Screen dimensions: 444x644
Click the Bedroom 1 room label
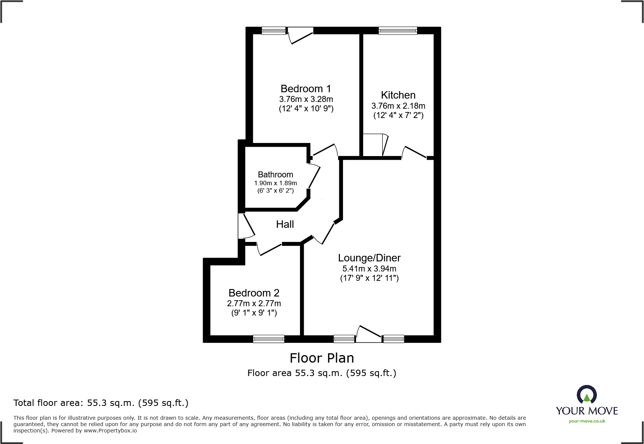pyautogui.click(x=306, y=89)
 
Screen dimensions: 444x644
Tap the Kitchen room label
pyautogui.click(x=398, y=95)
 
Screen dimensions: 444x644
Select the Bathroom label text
pyautogui.click(x=275, y=175)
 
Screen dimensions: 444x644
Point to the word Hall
pyautogui.click(x=285, y=224)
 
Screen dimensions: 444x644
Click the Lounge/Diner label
pyautogui.click(x=369, y=258)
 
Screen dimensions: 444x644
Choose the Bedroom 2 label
pyautogui.click(x=254, y=293)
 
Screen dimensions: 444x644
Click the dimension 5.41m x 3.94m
pyautogui.click(x=369, y=269)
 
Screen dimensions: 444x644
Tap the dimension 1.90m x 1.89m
pyautogui.click(x=275, y=183)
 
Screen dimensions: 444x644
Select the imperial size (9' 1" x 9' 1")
pyautogui.click(x=254, y=313)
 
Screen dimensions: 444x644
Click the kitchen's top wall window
pyautogui.click(x=398, y=31)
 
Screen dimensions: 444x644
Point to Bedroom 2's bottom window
pyautogui.click(x=269, y=339)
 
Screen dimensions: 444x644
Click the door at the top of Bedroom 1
pyautogui.click(x=301, y=36)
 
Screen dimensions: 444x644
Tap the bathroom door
pyautogui.click(x=314, y=177)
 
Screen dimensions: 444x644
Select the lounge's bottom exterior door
pyautogui.click(x=369, y=333)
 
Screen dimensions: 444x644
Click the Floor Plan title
pyautogui.click(x=322, y=358)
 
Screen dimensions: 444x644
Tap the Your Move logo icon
pyautogui.click(x=586, y=395)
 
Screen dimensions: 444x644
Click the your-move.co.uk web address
pyautogui.click(x=586, y=421)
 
